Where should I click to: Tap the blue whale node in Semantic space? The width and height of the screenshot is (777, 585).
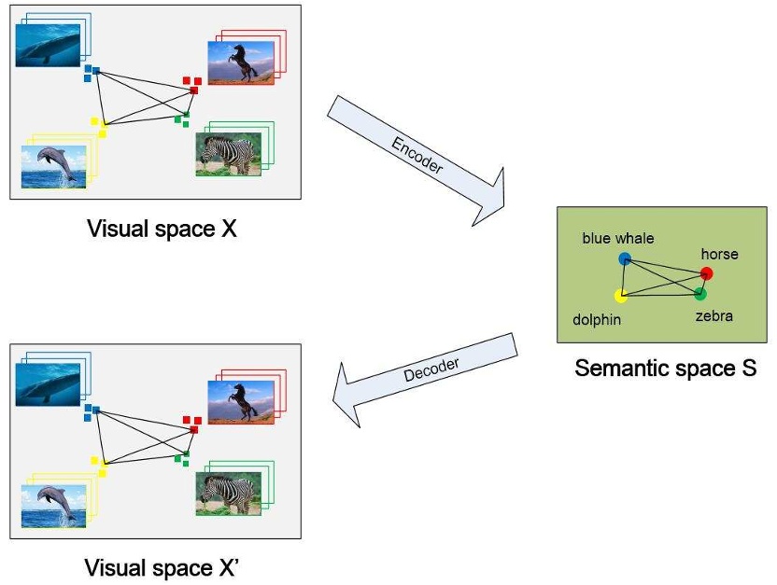[624, 258]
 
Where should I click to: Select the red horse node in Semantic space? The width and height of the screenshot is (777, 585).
[706, 273]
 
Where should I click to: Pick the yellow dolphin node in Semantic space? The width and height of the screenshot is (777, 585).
[621, 297]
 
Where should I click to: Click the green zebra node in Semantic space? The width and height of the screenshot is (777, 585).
[700, 294]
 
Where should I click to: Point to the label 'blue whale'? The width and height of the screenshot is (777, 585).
[617, 239]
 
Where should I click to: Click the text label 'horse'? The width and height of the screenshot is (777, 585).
[719, 254]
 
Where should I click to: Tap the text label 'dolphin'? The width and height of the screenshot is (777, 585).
[597, 319]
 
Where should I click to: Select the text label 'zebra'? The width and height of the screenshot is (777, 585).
[713, 316]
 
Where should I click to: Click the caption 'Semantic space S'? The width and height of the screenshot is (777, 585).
[665, 369]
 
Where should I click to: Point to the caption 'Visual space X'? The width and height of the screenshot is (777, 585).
[161, 228]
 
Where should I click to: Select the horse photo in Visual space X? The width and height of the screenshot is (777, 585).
[241, 63]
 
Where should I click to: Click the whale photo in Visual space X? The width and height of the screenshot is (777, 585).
[48, 45]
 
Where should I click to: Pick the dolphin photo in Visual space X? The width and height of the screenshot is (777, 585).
[53, 167]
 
